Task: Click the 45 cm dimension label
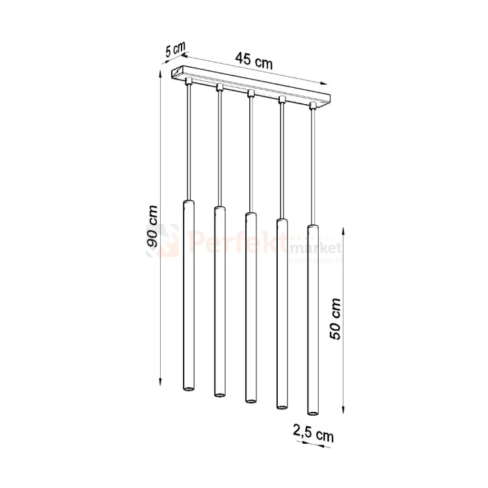[x=253, y=62]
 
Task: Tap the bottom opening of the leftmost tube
[x=187, y=388]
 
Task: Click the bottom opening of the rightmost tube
[x=312, y=413]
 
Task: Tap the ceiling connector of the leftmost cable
[x=188, y=83]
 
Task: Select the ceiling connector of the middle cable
[x=251, y=94]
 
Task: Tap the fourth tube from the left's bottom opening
[x=282, y=406]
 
